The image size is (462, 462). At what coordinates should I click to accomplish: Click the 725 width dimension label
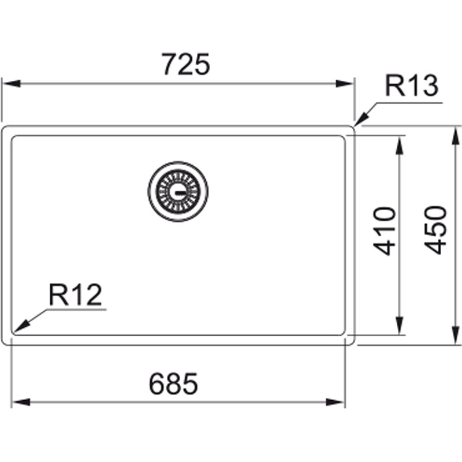coord(186,64)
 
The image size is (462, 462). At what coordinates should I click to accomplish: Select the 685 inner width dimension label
coord(174,383)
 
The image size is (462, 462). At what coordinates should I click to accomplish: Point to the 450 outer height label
coord(435,230)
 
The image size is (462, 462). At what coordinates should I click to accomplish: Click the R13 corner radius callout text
coord(412,86)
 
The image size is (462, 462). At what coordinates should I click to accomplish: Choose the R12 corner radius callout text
coord(76,295)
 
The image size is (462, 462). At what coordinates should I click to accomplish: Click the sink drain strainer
coord(178,192)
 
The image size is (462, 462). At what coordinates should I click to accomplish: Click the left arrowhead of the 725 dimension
coord(11,83)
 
